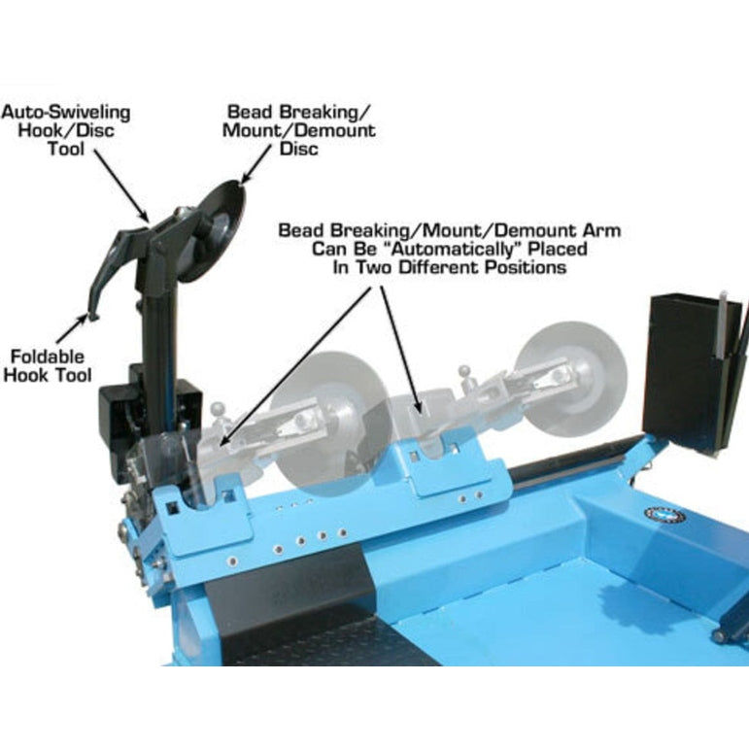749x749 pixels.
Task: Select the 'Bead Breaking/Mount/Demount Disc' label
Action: [300, 130]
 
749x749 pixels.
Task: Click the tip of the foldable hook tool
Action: [89, 315]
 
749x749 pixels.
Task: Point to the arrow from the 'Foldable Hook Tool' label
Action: [74, 330]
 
